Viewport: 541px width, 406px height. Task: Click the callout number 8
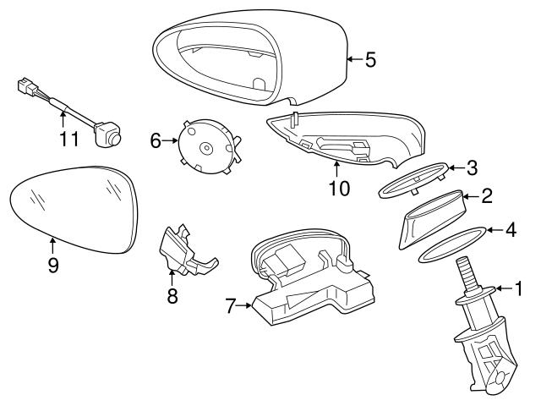tap(172, 297)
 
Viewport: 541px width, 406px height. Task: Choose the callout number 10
tap(338, 188)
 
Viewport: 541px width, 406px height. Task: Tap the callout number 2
tap(486, 197)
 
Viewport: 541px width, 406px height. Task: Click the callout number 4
tap(510, 228)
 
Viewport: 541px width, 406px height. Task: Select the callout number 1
tap(518, 290)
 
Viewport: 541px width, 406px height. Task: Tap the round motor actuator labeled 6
tap(207, 145)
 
